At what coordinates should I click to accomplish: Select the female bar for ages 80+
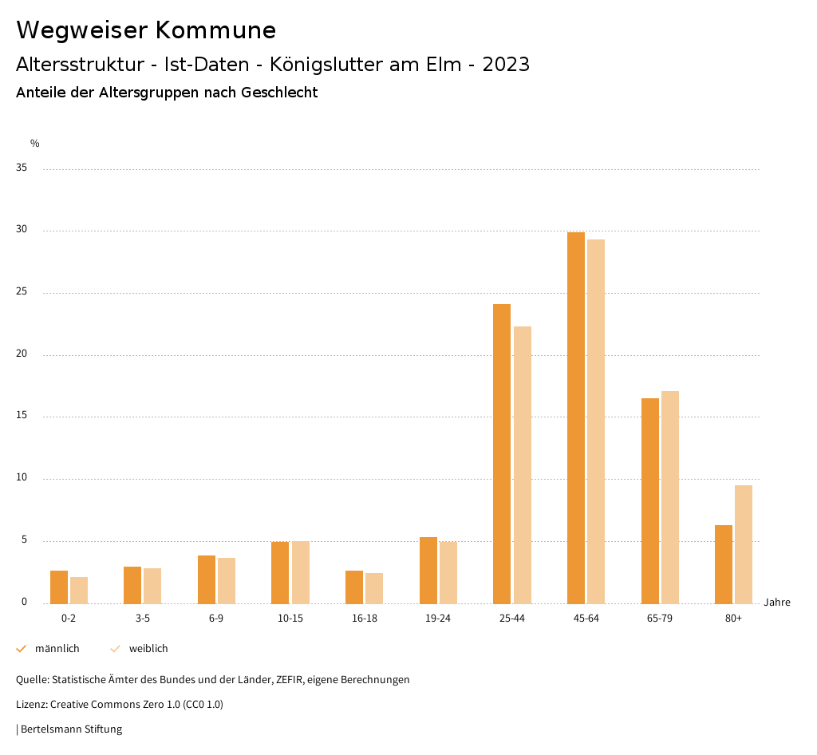[744, 544]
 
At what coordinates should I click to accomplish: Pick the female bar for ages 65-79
[670, 497]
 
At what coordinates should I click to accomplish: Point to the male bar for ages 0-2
[59, 587]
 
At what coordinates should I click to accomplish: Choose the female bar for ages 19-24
[448, 573]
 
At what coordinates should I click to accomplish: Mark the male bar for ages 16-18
[354, 587]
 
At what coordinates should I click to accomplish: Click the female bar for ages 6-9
[227, 580]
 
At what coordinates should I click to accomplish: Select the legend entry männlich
[57, 649]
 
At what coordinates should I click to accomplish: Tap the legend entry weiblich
[148, 649]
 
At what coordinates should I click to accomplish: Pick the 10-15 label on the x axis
[290, 619]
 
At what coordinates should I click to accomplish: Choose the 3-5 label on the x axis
[143, 619]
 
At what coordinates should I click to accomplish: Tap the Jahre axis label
[777, 603]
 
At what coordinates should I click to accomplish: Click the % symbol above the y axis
[35, 144]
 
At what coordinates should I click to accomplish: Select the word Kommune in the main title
[215, 30]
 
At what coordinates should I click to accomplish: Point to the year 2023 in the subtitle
[506, 65]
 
